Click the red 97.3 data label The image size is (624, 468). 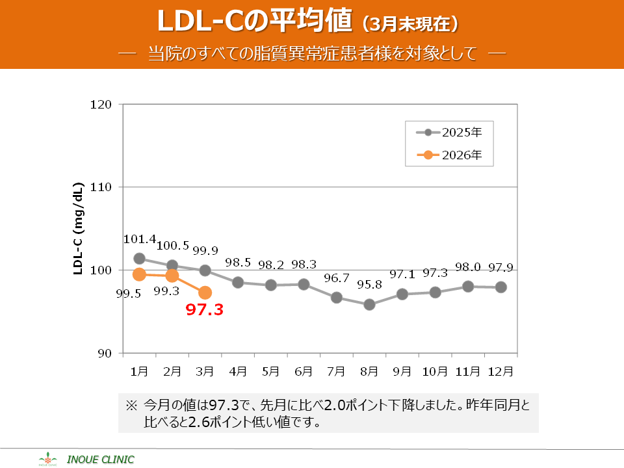click(x=205, y=310)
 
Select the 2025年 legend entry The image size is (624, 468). click(x=448, y=133)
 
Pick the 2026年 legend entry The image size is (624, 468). click(x=448, y=155)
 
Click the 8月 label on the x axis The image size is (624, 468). click(x=369, y=372)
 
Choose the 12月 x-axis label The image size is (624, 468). click(x=500, y=372)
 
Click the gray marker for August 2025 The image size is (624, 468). click(x=369, y=304)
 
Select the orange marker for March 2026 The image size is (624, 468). click(x=205, y=292)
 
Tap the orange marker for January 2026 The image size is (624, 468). click(x=139, y=274)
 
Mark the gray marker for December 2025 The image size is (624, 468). click(x=501, y=287)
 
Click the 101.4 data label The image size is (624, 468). click(x=140, y=240)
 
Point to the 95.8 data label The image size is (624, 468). click(x=369, y=284)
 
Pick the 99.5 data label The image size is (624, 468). click(x=129, y=293)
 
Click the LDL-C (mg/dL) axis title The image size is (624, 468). click(x=78, y=229)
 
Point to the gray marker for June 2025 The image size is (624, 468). click(x=304, y=284)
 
